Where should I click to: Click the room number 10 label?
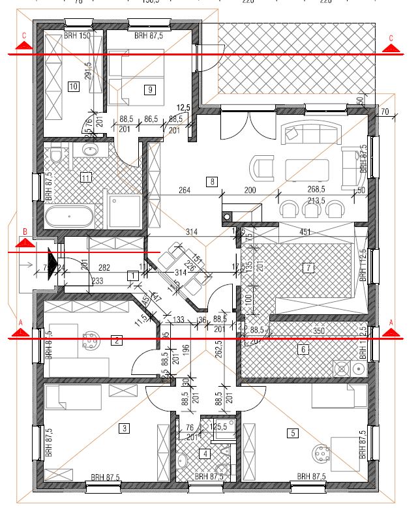(73, 85)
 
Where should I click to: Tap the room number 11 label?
(85, 176)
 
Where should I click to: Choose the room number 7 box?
(309, 267)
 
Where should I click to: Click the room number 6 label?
(302, 350)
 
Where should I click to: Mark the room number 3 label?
(123, 428)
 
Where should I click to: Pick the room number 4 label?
(206, 454)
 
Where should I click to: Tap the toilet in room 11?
(57, 157)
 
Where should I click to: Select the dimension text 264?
(184, 190)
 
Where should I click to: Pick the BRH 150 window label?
(76, 36)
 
